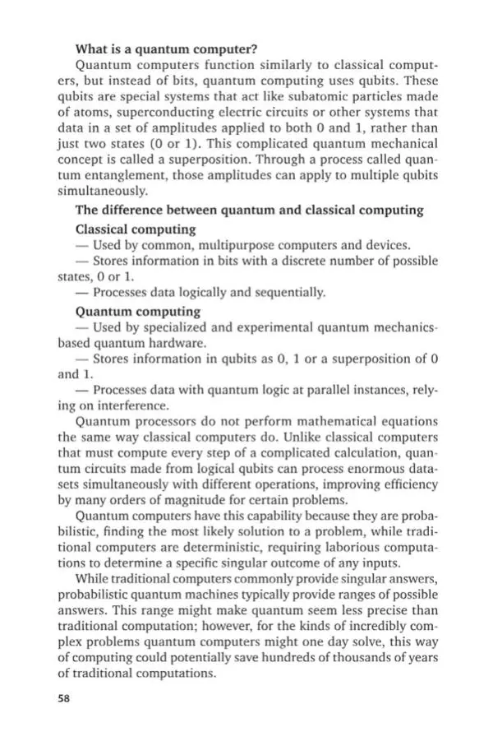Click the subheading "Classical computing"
[136, 229]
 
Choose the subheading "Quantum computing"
[138, 311]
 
